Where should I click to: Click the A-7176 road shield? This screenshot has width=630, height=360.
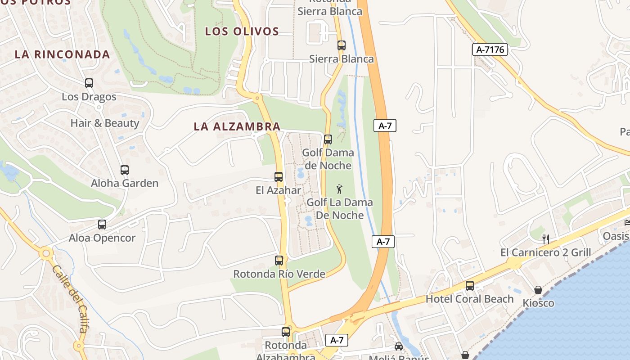(x=490, y=49)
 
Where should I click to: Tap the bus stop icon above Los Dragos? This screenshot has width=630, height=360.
(x=89, y=83)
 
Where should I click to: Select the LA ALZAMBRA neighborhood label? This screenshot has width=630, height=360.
(x=237, y=127)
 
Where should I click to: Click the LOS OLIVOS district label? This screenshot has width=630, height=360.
(x=242, y=31)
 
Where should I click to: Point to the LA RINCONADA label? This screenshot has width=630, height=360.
(x=63, y=54)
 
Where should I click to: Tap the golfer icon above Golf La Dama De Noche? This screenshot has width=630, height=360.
(x=340, y=189)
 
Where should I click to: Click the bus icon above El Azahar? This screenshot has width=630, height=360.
(x=279, y=177)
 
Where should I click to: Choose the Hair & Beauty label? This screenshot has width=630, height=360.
(x=105, y=123)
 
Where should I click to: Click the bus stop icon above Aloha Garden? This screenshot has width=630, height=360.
(x=125, y=170)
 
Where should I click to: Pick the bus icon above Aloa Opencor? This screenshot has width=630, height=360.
(x=102, y=225)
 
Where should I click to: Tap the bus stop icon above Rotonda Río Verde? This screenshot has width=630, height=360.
(x=279, y=260)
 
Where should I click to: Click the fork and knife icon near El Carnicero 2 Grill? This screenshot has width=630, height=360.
(x=546, y=239)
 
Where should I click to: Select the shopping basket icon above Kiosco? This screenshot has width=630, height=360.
(x=538, y=289)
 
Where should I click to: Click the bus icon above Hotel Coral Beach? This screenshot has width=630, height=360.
(x=470, y=285)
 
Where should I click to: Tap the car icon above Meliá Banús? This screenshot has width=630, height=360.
(x=399, y=346)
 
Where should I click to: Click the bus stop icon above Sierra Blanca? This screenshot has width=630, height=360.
(x=342, y=45)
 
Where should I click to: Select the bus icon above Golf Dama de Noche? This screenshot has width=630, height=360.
(x=328, y=139)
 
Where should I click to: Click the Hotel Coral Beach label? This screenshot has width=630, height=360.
(x=469, y=299)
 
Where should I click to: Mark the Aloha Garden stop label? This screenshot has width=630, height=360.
(x=125, y=184)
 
